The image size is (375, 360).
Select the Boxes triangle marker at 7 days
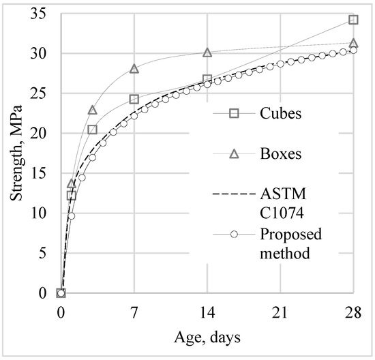134,68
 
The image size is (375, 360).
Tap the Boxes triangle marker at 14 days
207,52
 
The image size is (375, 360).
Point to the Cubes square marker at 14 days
207,79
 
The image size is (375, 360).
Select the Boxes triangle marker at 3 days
93,110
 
